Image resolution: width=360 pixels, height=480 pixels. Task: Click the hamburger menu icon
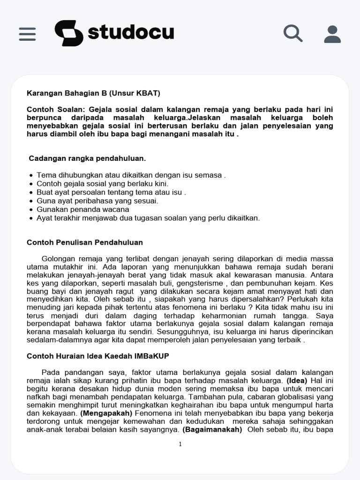pos(27,34)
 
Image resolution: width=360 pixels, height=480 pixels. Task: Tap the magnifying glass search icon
pos(293,34)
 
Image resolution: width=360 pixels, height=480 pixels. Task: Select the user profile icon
pos(332,34)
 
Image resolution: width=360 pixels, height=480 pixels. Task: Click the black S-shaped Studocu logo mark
pos(69,33)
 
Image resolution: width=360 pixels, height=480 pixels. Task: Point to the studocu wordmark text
pos(131,33)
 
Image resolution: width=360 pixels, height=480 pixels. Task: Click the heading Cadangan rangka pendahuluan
pos(87,158)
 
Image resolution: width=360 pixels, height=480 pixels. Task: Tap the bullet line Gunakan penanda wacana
pos(83,210)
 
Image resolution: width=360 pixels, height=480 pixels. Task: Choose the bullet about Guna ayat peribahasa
pos(97,201)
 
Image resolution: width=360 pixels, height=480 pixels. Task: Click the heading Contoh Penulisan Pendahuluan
pos(85,242)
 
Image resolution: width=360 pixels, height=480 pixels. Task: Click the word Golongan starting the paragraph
pos(60,258)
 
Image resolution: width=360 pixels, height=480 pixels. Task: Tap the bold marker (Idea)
pos(297,381)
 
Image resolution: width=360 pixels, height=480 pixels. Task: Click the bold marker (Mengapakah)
pos(106,413)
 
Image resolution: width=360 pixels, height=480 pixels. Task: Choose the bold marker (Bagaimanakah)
pos(212,429)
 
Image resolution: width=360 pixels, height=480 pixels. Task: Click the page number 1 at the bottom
pos(180,444)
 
